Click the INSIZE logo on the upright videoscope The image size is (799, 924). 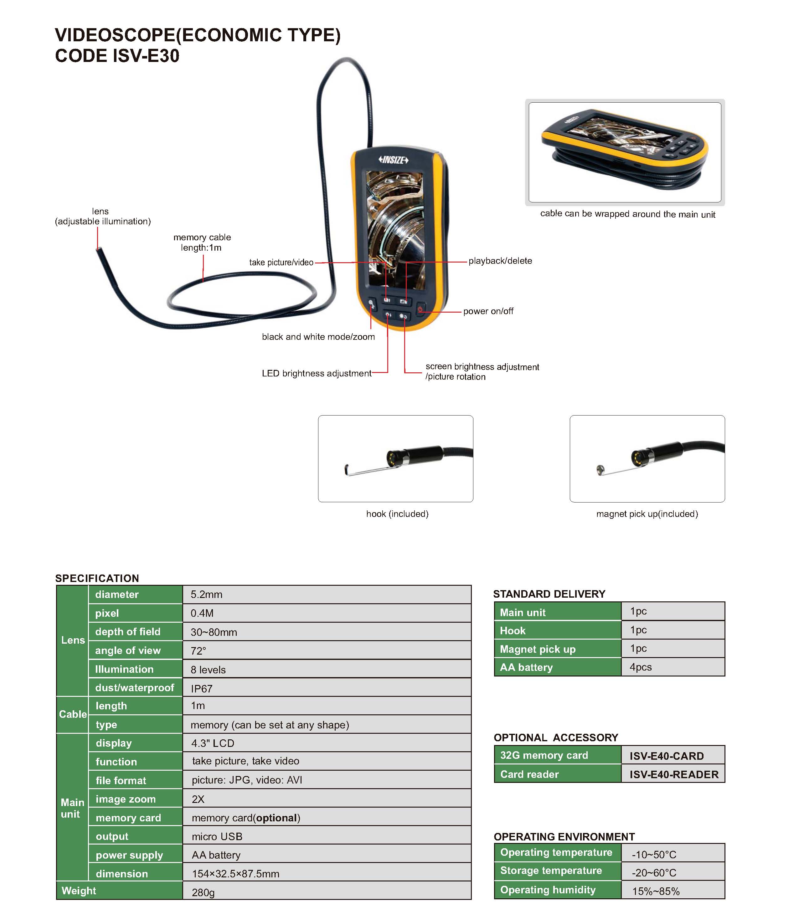(393, 160)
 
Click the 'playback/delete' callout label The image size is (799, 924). (500, 261)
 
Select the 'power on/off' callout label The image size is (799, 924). (488, 311)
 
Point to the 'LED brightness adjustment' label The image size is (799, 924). (316, 373)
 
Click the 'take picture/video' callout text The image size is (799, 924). (281, 262)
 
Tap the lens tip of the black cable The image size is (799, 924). (99, 250)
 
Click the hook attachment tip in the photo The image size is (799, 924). (346, 469)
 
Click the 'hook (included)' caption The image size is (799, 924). (397, 514)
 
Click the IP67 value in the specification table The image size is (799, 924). (201, 688)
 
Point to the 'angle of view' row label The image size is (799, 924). (128, 651)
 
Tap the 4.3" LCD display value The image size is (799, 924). (212, 743)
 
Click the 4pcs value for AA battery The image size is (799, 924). (640, 667)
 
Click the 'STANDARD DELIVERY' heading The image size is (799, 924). (549, 594)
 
